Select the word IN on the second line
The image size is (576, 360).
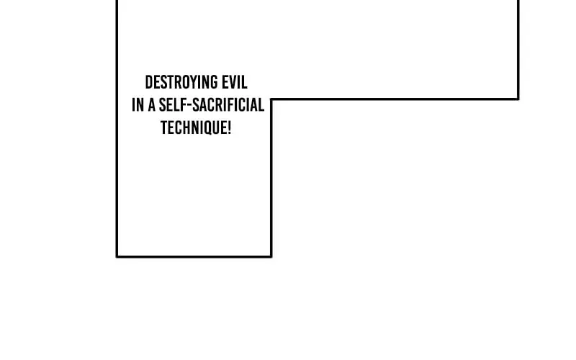point(138,105)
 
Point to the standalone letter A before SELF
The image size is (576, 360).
point(151,105)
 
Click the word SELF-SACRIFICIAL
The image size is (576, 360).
point(212,105)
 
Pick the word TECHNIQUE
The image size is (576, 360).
point(194,128)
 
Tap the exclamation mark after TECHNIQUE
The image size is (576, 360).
point(229,128)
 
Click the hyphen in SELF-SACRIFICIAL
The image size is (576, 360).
point(190,106)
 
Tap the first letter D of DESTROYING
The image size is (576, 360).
point(149,82)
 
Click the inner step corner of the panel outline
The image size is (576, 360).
point(271,99)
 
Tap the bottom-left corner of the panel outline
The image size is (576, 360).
point(117,256)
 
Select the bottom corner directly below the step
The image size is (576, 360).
point(271,256)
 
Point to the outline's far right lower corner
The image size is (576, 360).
point(518,99)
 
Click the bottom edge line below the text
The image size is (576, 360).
point(194,256)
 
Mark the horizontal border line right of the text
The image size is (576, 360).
point(395,99)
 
